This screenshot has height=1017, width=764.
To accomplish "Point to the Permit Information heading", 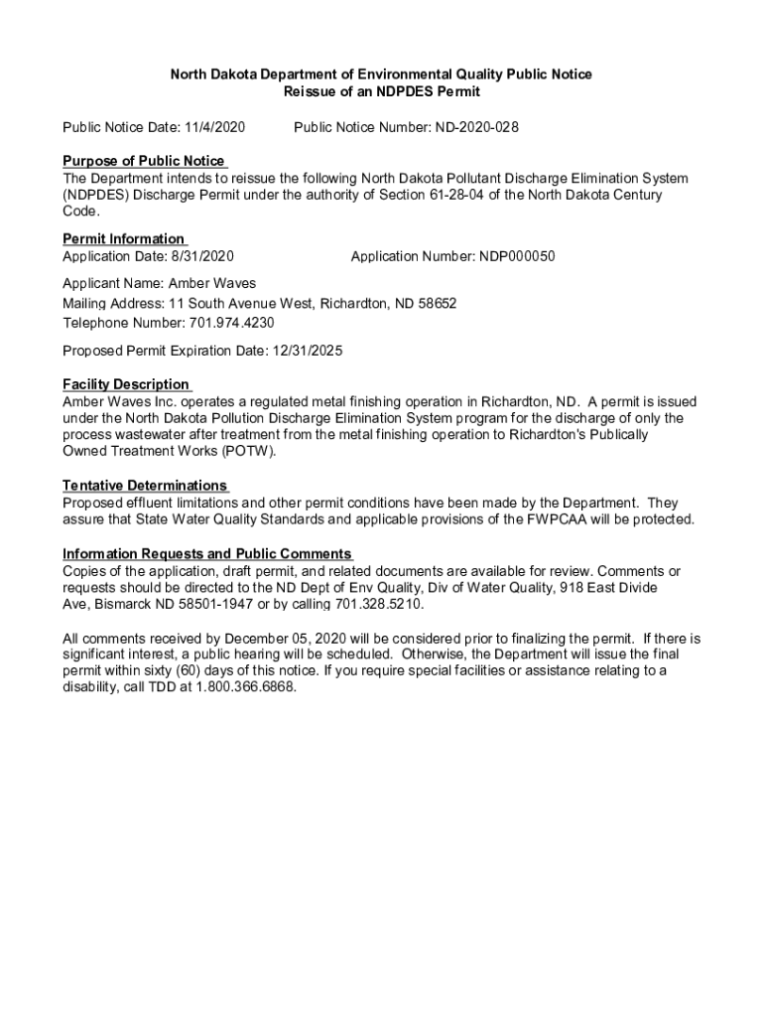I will [x=123, y=239].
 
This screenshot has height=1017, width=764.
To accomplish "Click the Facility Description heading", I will [x=125, y=384].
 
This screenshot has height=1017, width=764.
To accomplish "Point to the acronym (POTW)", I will [x=248, y=451].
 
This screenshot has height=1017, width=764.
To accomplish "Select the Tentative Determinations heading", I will [x=145, y=486].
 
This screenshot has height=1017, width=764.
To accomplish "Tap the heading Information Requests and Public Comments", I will [x=206, y=554].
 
